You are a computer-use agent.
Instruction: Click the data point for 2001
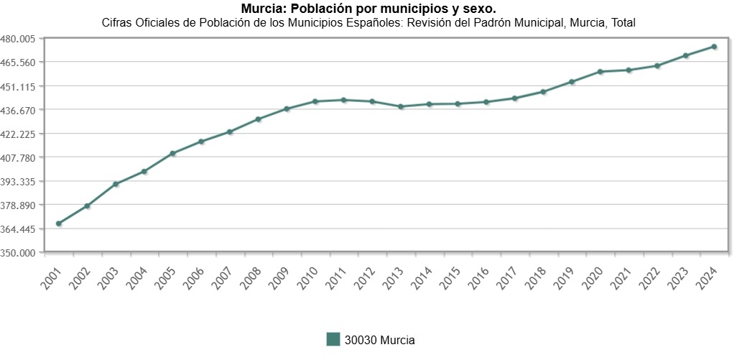tap(59, 223)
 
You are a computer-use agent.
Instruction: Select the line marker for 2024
tap(714, 47)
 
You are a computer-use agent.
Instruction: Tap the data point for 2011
tap(344, 100)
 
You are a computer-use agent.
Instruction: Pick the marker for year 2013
tap(401, 106)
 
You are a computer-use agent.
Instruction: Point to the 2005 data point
tap(173, 154)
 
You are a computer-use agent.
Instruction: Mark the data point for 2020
tap(600, 72)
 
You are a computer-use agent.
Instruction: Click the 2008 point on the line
tap(259, 119)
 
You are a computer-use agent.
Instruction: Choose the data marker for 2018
tap(543, 92)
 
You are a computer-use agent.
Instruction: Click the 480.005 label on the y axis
tap(19, 39)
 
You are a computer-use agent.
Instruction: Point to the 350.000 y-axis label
tap(19, 253)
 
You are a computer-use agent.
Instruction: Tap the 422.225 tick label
tap(19, 134)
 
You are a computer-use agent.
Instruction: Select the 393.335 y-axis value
tap(19, 181)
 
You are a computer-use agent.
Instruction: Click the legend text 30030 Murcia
tap(379, 340)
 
